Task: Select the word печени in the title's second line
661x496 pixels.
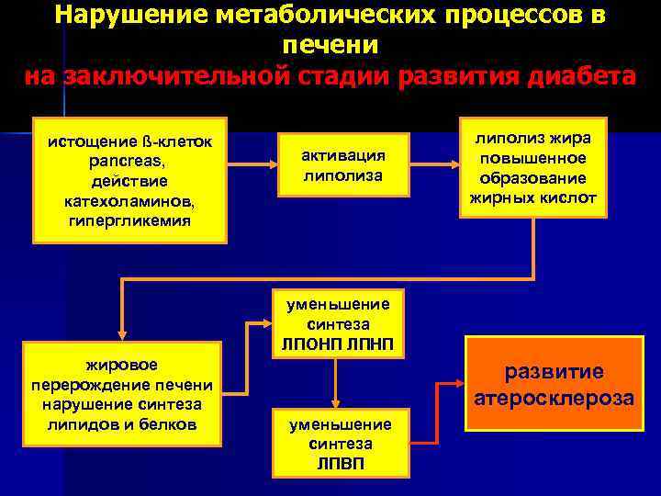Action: (x=330, y=44)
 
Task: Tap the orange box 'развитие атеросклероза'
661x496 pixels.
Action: (x=553, y=385)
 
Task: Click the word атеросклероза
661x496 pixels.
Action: (x=553, y=399)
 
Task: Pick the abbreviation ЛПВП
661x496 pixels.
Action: (x=340, y=462)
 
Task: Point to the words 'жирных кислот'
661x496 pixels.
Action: (x=533, y=197)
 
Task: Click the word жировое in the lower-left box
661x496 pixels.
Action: (x=123, y=366)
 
